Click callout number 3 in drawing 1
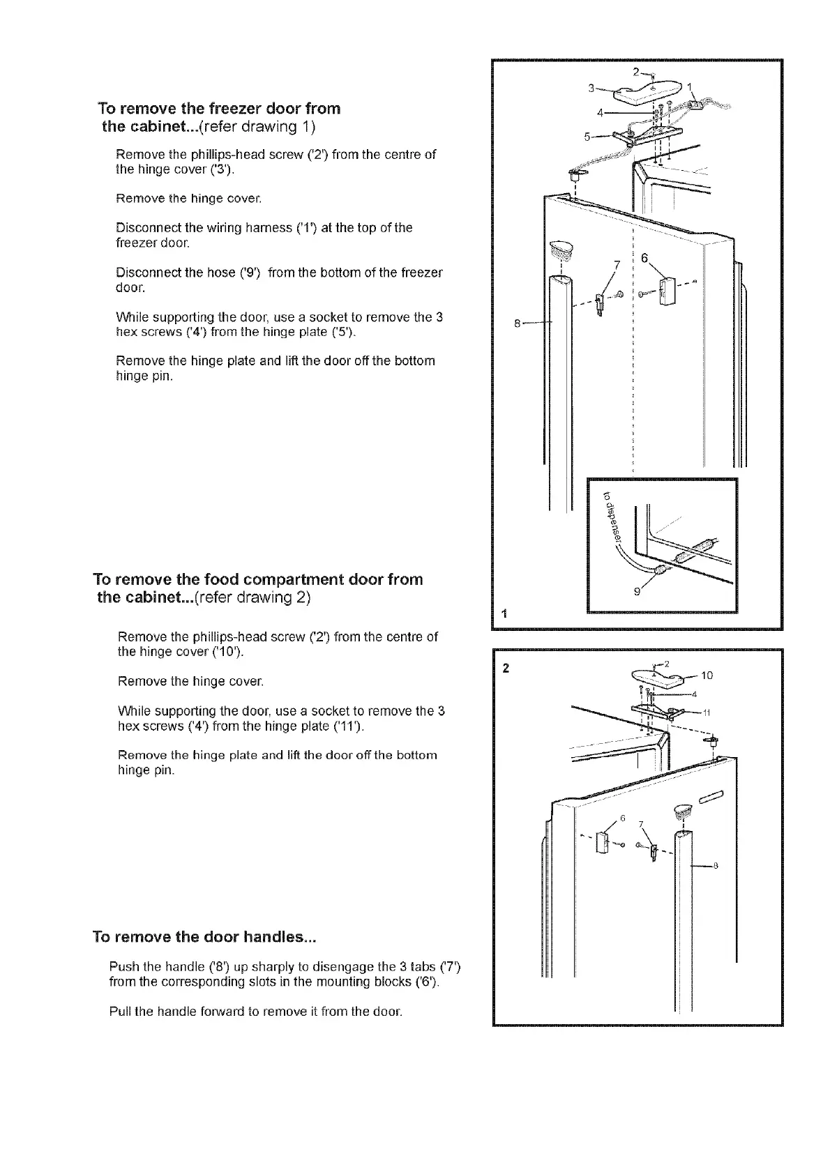[591, 88]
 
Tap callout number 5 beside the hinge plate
[587, 137]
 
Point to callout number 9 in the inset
[635, 593]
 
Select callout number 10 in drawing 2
[707, 675]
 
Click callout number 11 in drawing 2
[705, 712]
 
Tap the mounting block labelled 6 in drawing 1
[665, 291]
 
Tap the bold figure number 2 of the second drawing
[506, 668]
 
